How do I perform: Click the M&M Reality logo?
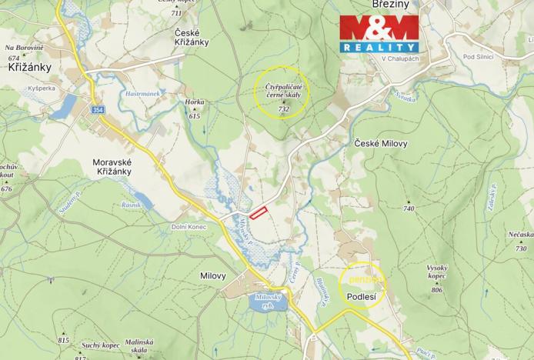tap(380, 35)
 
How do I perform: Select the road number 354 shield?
tap(97, 111)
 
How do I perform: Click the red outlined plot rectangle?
tap(259, 212)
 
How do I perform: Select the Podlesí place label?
tap(361, 296)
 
